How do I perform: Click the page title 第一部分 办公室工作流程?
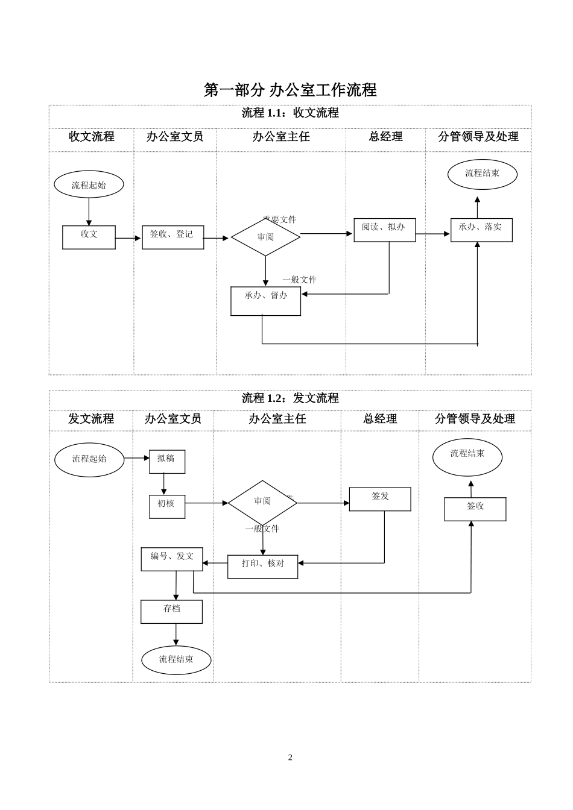point(290,90)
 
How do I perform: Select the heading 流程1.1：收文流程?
point(290,113)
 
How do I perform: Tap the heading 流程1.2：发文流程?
point(290,398)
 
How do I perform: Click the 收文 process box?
point(89,237)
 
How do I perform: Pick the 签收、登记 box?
point(173,237)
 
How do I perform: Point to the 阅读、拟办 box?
point(384,230)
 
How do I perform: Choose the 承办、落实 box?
point(481,230)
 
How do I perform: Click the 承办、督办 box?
point(265,300)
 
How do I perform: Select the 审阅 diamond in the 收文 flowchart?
point(265,237)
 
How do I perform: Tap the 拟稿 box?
point(167,461)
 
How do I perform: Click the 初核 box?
point(167,506)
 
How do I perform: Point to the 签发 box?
point(380,499)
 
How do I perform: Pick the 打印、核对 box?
point(262,566)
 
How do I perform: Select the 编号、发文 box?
point(172,559)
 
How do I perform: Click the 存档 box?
point(171,611)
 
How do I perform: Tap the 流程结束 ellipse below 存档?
point(176,660)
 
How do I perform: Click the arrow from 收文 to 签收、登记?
point(128,238)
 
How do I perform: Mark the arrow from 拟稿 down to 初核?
point(163,484)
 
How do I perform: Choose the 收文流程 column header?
point(91,137)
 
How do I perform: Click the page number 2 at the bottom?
point(290,758)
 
